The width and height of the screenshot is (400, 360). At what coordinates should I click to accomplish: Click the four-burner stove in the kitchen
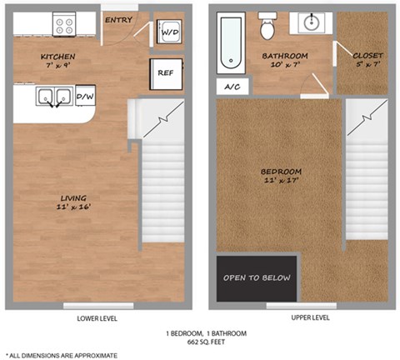click(x=64, y=24)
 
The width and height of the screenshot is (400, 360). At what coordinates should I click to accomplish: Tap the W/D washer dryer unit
click(x=169, y=32)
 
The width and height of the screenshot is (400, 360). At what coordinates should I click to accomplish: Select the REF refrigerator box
click(x=166, y=74)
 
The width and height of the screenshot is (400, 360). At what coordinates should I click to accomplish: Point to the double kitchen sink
click(x=55, y=97)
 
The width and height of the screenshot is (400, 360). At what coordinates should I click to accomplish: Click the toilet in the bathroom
click(x=267, y=26)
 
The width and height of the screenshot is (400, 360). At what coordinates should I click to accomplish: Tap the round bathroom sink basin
click(x=311, y=22)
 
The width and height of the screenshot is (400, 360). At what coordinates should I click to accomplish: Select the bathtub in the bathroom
click(x=231, y=42)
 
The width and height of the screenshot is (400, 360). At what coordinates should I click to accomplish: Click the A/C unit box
click(x=232, y=87)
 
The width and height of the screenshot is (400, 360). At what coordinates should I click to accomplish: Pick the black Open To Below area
click(x=257, y=278)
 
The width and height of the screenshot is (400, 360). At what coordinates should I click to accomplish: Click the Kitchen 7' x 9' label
click(x=58, y=61)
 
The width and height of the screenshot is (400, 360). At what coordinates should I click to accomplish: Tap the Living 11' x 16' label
click(x=73, y=202)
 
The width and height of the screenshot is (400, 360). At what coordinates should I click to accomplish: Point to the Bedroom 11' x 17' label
click(x=281, y=176)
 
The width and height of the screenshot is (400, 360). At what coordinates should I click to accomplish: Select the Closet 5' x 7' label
click(x=367, y=60)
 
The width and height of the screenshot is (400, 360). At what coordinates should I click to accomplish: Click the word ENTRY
click(x=118, y=20)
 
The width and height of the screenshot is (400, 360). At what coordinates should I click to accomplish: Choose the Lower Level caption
click(x=97, y=318)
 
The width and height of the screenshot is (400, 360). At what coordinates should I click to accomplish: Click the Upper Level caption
click(x=310, y=317)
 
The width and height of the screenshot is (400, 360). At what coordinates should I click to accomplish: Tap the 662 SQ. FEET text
click(x=206, y=342)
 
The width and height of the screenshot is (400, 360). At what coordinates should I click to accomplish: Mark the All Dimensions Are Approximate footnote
click(x=62, y=356)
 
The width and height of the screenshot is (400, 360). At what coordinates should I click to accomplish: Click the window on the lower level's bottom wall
click(x=98, y=306)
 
